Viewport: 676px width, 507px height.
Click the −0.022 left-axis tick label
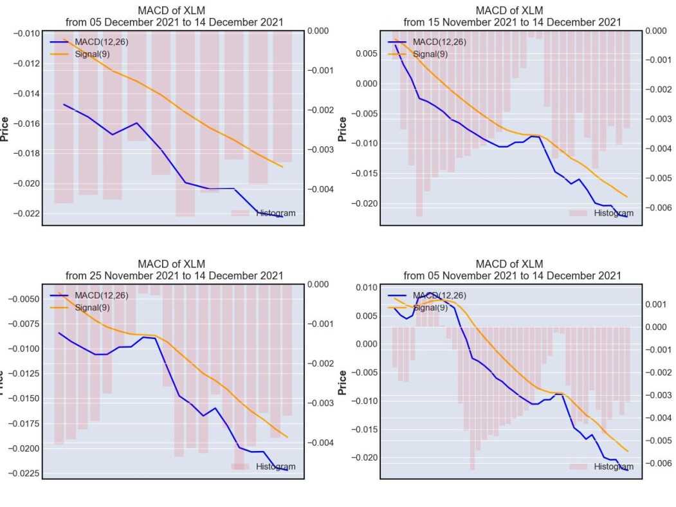pyautogui.click(x=26, y=214)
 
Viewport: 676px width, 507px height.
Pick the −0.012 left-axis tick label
pyautogui.click(x=26, y=63)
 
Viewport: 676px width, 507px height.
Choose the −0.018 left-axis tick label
pyautogui.click(x=26, y=153)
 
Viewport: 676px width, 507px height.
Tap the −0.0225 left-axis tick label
pyautogui.click(x=24, y=474)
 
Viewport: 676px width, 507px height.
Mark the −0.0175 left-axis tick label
pyautogui.click(x=24, y=423)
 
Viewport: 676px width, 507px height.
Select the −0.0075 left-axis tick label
pyautogui.click(x=24, y=324)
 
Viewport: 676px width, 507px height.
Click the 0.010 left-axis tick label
pyautogui.click(x=367, y=287)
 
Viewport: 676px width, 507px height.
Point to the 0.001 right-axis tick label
pyautogui.click(x=655, y=304)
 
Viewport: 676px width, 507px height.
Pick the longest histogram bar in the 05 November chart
pyautogui.click(x=473, y=398)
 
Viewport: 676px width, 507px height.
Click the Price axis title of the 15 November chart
pyautogui.click(x=342, y=129)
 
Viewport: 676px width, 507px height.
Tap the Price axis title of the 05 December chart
pyautogui.click(x=5, y=129)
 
